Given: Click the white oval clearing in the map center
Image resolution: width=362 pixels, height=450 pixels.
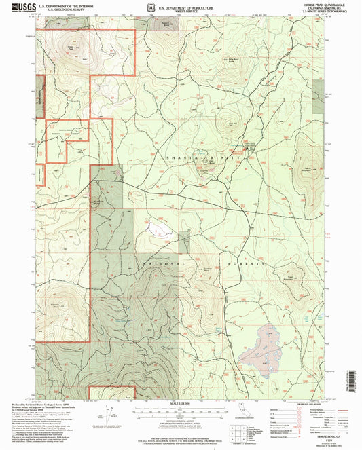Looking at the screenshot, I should [160, 226].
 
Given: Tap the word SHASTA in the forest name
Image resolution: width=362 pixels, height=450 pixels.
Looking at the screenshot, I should [179, 157].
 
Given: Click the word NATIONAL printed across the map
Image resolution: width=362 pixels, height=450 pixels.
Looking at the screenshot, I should [160, 261].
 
